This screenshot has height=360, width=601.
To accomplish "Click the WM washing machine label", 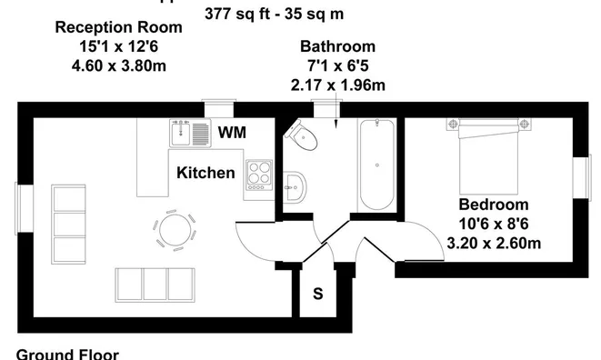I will coord(232,133).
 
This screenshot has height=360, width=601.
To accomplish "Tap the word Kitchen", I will coord(205,173).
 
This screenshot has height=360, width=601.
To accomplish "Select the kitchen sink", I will coord(188,134).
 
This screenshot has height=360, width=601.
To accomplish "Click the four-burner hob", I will coord(258,174).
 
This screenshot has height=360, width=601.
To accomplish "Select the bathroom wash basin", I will coord(295,188).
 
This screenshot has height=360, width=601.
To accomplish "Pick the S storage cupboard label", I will coord(317,294).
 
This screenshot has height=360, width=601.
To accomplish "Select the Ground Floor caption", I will coord(66,353).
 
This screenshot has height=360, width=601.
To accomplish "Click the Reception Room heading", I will coord(118,27).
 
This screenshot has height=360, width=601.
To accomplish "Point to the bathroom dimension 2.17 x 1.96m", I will coord(337,85).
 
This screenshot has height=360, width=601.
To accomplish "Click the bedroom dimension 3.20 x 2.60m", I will coord(494,243).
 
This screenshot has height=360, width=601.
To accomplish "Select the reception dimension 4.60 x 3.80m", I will coord(118,65).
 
